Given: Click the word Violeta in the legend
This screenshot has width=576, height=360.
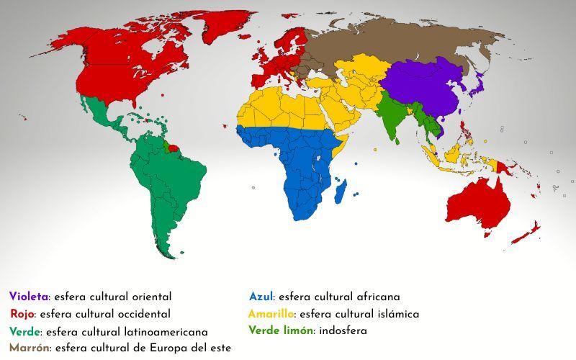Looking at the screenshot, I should click(x=28, y=297).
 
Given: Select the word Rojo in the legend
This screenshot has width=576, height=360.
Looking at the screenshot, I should click(x=22, y=314).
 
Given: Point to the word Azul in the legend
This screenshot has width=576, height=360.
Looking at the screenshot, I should click(x=261, y=297).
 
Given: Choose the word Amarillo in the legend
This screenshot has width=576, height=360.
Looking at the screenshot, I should click(x=271, y=314).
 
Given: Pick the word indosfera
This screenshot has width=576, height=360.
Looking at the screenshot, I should click(x=343, y=331).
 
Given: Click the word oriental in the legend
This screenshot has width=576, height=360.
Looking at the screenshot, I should click(x=149, y=297).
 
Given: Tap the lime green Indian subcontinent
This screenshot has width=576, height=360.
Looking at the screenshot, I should click(x=392, y=115).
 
